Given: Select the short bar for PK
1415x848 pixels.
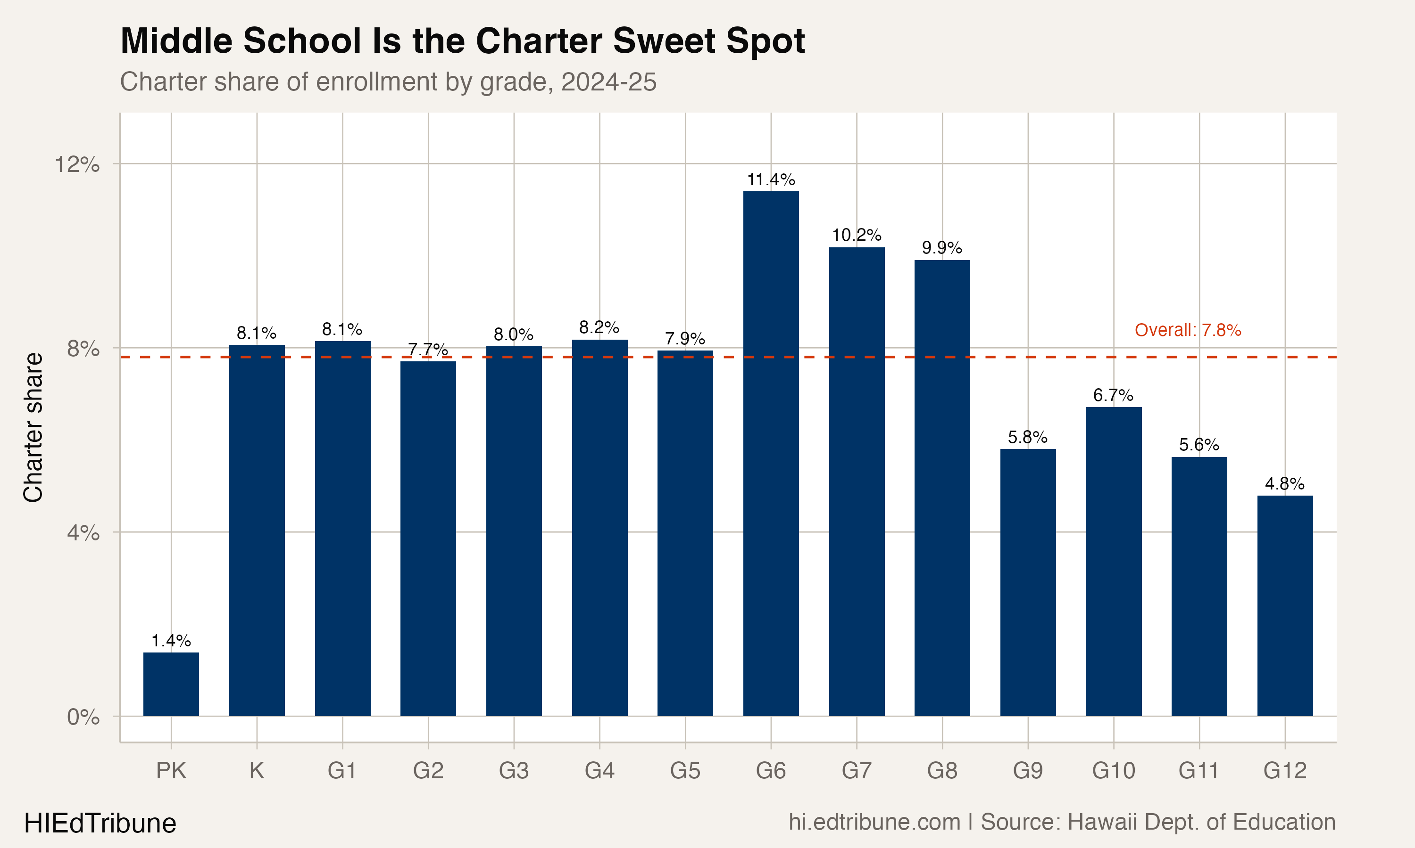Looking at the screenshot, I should pyautogui.click(x=171, y=684).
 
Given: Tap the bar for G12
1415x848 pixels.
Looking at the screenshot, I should pyautogui.click(x=1285, y=606).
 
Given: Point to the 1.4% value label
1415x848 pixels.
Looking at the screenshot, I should pyautogui.click(x=171, y=641).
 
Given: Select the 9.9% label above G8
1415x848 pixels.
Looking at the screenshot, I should pyautogui.click(x=941, y=248).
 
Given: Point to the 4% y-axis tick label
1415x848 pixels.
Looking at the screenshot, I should pyautogui.click(x=83, y=533).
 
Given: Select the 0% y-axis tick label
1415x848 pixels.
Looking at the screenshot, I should pyautogui.click(x=83, y=717).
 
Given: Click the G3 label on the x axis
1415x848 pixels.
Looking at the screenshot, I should pyautogui.click(x=513, y=771).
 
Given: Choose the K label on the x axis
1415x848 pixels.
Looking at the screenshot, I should pyautogui.click(x=257, y=771).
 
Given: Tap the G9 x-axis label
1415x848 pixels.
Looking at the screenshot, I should pyautogui.click(x=1027, y=771).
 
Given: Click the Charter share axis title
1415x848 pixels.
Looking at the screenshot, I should pyautogui.click(x=33, y=427).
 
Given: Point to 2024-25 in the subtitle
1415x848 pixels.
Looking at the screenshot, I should pyautogui.click(x=608, y=82).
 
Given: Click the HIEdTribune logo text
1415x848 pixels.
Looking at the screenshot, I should pyautogui.click(x=100, y=824).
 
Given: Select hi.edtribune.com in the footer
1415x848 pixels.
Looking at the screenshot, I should pyautogui.click(x=874, y=822).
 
